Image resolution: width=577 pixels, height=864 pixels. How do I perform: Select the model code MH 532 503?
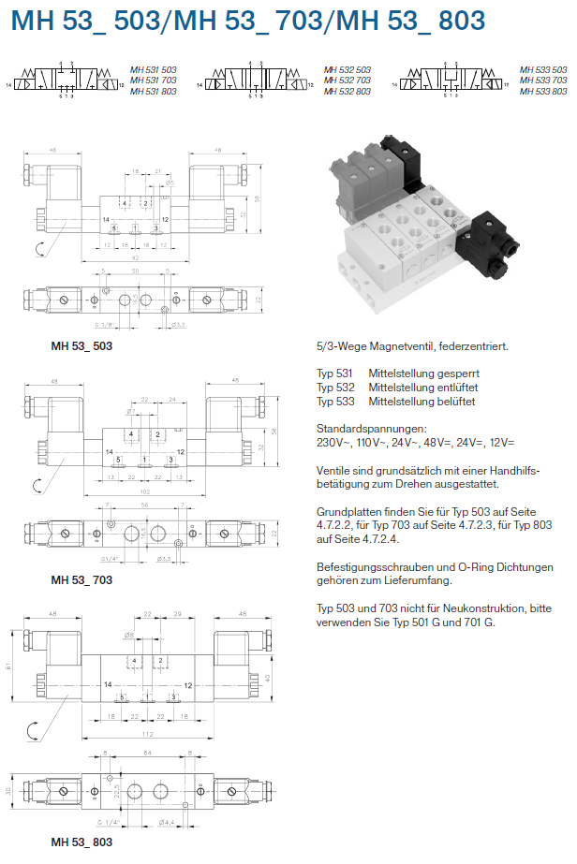click(347, 70)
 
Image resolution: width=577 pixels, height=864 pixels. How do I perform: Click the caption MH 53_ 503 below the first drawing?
click(81, 346)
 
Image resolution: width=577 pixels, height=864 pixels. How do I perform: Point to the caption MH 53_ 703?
click(81, 580)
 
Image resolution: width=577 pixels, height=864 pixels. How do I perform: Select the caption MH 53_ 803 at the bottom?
click(81, 842)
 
